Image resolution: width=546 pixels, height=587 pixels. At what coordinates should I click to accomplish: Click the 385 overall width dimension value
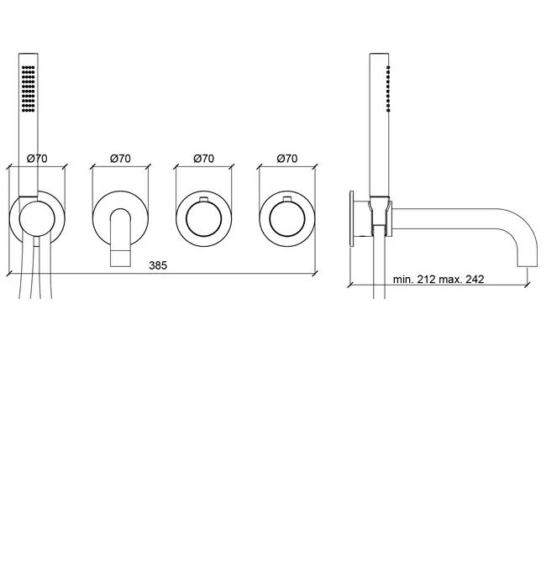coord(158,265)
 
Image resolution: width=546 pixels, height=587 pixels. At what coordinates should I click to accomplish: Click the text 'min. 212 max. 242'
coord(438,280)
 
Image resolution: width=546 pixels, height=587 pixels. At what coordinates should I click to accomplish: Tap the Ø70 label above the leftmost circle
coord(37,159)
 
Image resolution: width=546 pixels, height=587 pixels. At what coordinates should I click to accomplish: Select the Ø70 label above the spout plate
coord(120,159)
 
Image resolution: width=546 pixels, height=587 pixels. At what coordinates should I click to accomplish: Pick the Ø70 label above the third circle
coord(204,159)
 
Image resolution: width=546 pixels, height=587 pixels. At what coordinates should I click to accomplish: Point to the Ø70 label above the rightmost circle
coord(286,159)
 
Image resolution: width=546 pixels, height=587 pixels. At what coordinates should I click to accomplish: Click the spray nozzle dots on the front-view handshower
coord(28,89)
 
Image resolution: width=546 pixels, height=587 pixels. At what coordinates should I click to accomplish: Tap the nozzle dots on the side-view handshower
coord(388,89)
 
